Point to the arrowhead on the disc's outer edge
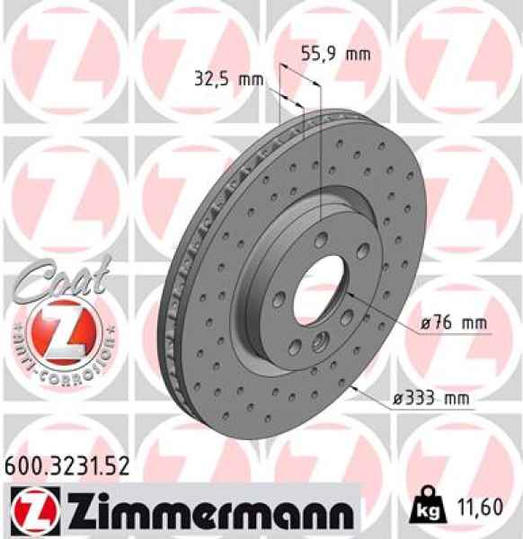click(x=358, y=387)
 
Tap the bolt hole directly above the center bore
click(x=322, y=237)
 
